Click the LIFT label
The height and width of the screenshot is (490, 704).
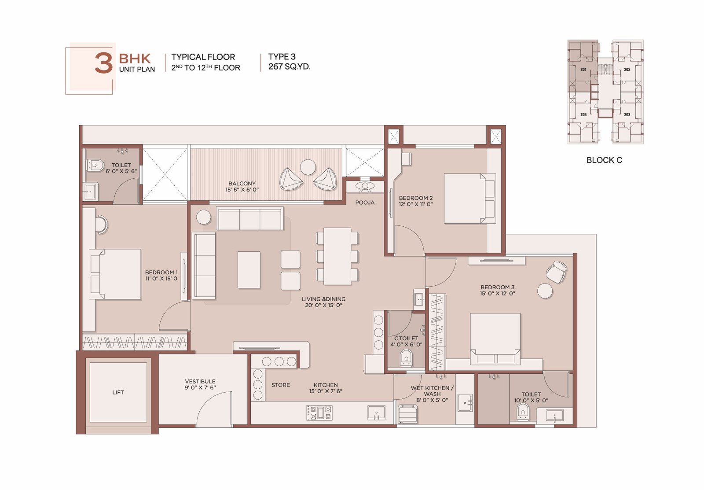click(x=118, y=392)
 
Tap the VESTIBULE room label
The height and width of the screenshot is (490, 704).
click(x=200, y=382)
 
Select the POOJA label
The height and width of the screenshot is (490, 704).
click(x=365, y=203)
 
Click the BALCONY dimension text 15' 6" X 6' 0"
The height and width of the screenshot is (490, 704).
click(x=242, y=190)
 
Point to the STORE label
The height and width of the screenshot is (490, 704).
click(x=281, y=385)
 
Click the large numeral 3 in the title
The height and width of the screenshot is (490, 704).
click(x=104, y=63)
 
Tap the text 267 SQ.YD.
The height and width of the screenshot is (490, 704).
click(x=289, y=66)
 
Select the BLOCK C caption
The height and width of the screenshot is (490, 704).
click(x=604, y=160)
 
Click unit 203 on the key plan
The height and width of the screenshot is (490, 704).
click(x=627, y=114)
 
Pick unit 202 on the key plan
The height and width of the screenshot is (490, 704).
click(x=627, y=70)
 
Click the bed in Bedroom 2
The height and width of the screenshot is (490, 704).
click(x=469, y=199)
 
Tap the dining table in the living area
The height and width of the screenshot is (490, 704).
click(x=337, y=256)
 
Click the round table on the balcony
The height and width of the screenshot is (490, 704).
click(x=308, y=167)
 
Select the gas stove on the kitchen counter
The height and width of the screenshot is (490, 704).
click(x=319, y=413)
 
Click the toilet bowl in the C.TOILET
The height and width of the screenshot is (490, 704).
click(x=406, y=358)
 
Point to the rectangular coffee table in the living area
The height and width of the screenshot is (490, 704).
click(x=249, y=270)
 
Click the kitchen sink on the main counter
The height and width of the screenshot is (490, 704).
click(x=376, y=413)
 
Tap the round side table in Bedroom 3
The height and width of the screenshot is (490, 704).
click(x=545, y=291)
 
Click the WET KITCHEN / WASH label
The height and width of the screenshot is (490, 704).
click(x=432, y=391)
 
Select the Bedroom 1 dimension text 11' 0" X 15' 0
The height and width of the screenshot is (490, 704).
click(x=161, y=278)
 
